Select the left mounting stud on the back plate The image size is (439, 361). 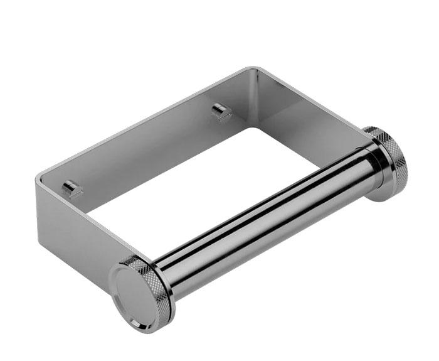coord(72,188)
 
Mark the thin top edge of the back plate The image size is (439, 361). coord(144,119)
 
